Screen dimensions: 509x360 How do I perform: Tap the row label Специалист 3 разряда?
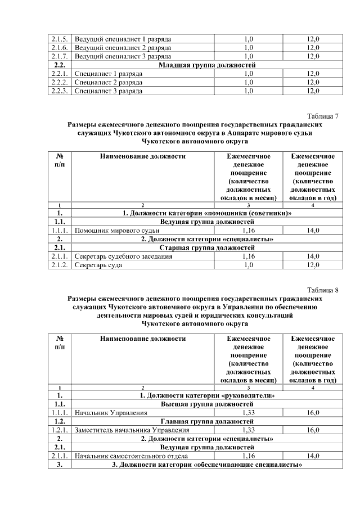(109, 91)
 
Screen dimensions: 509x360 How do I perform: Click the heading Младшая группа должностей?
(207, 65)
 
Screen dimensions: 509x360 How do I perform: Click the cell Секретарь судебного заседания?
(123, 256)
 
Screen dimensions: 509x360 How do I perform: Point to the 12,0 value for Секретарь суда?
(313, 265)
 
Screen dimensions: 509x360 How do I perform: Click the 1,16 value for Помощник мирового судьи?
(248, 231)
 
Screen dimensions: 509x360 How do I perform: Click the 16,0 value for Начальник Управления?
(313, 413)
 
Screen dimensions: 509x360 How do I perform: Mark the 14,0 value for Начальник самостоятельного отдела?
(313, 456)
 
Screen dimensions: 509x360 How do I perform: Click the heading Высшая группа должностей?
(207, 404)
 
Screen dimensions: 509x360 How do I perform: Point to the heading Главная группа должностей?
(207, 421)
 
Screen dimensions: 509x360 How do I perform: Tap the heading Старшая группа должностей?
(207, 247)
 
